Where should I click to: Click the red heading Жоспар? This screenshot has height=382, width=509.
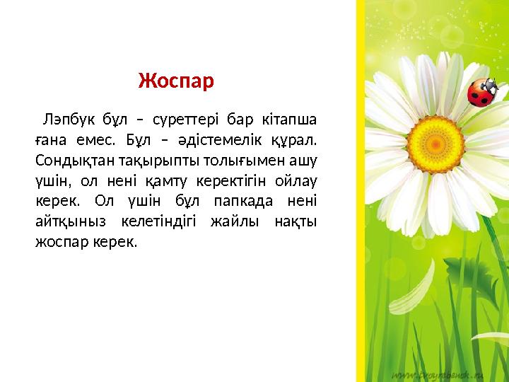pyautogui.click(x=175, y=81)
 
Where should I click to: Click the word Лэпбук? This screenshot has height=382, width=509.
pyautogui.click(x=67, y=117)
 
